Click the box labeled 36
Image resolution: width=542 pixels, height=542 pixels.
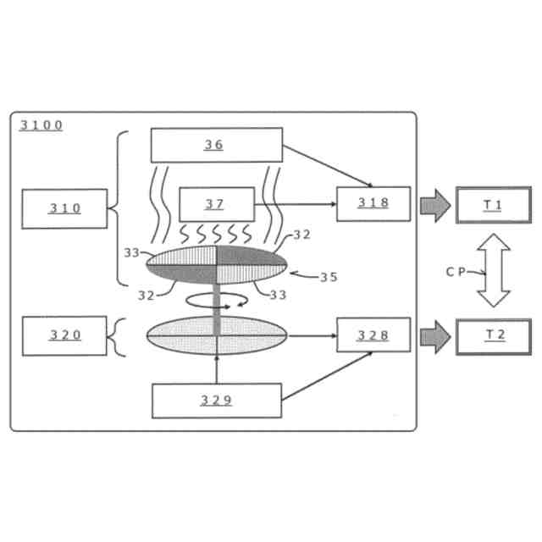click(216, 145)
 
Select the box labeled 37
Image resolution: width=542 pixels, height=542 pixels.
click(216, 204)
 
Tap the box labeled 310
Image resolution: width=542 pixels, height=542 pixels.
click(64, 208)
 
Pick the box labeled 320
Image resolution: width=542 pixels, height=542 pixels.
click(64, 335)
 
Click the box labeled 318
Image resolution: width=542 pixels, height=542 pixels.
click(373, 203)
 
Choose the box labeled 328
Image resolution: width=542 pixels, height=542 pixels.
click(373, 335)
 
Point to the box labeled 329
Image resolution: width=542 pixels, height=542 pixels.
click(216, 401)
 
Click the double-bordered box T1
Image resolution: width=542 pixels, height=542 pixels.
click(493, 204)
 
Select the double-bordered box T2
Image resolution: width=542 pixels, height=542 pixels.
click(493, 335)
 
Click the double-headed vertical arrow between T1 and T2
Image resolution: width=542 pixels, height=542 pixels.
click(494, 270)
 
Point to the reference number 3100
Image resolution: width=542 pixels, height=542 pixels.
click(41, 125)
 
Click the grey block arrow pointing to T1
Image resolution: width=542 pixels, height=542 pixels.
click(434, 204)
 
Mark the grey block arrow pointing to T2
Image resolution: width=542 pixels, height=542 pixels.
click(434, 335)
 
